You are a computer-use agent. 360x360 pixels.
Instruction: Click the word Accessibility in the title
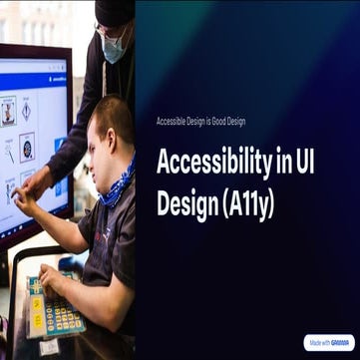click(211, 164)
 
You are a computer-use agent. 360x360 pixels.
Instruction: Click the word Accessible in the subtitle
click(172, 121)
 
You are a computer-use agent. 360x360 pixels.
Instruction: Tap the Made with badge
click(330, 342)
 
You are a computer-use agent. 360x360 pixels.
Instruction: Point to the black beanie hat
click(115, 12)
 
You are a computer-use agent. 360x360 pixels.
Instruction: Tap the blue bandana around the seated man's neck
click(118, 184)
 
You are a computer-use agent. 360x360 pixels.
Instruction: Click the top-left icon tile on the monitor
click(9, 111)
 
